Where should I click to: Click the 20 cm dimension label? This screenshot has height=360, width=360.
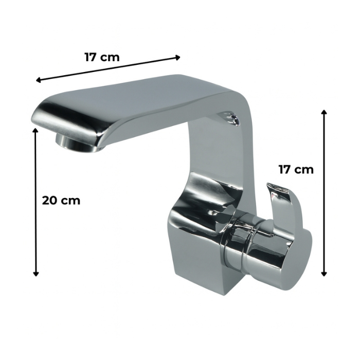coord(61,201)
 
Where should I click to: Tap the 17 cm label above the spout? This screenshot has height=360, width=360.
coord(102,57)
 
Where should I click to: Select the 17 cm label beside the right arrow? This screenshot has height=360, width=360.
coord(296,170)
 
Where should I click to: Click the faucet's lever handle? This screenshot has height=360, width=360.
coord(279,207)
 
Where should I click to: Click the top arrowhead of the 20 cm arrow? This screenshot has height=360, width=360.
coord(35,131)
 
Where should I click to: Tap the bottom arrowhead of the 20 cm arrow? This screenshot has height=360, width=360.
coord(35,274)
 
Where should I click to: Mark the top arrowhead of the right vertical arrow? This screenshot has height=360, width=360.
coord(323,112)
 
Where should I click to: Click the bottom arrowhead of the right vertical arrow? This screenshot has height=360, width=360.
coord(323,274)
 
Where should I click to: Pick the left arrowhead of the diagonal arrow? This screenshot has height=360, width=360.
coord(39,80)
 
